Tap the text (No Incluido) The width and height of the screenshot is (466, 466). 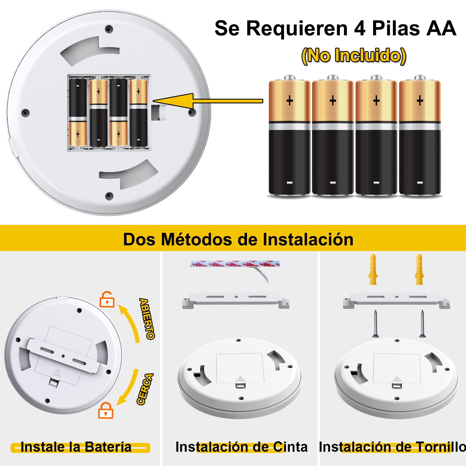pos(354,56)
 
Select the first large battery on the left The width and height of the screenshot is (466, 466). pos(289,137)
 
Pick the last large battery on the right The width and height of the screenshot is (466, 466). pos(420,137)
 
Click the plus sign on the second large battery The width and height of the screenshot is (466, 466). pos(333,101)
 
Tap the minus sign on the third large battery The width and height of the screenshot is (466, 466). pos(376,183)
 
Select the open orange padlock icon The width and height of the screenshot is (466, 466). pos(107,299)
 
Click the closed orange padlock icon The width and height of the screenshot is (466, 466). pos(105,411)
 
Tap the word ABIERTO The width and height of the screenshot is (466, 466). pos(147,319)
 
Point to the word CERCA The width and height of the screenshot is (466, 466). pos(145,389)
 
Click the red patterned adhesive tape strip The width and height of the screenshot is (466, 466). pos(235,264)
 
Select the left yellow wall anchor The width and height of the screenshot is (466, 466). pos(373,269)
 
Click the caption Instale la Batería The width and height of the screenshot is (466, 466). pos(76,447)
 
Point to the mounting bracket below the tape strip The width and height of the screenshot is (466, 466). pos(236,300)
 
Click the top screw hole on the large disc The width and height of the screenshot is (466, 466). pos(109,29)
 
